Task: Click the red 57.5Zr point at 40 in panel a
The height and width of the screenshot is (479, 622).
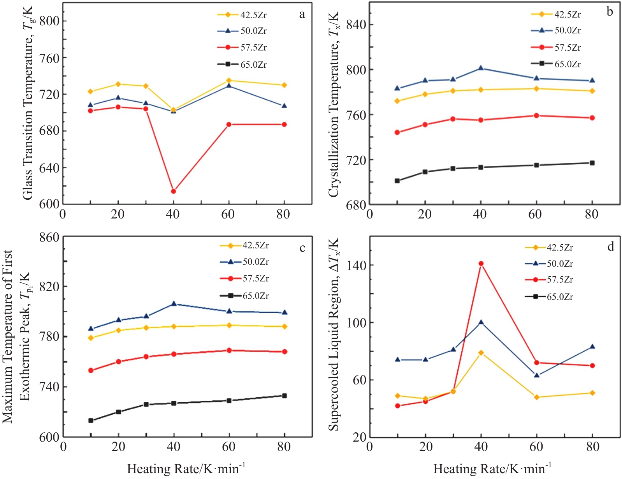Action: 173,191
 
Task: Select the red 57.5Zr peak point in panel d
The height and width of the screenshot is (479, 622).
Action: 481,264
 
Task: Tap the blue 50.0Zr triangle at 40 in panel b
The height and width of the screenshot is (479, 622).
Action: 481,68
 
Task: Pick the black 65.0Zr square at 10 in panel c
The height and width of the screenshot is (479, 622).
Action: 91,421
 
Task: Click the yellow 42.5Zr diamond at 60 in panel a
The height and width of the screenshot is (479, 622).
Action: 229,81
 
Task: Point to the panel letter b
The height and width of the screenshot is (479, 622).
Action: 610,12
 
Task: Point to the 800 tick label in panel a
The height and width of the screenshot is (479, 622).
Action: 49,21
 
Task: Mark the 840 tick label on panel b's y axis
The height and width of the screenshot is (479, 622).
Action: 356,25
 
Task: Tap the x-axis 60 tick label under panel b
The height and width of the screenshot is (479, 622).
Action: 536,214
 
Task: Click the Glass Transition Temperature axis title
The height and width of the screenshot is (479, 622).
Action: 28,103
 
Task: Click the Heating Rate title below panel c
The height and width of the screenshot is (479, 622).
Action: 186,468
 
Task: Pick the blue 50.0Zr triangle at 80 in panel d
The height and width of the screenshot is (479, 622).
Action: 592,347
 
